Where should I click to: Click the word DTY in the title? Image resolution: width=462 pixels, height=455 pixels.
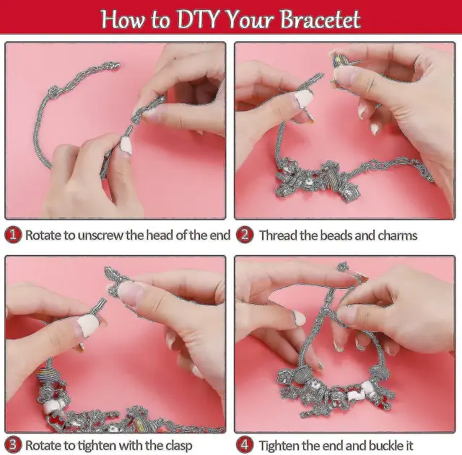198,19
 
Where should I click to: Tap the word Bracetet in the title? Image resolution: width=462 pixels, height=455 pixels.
320,19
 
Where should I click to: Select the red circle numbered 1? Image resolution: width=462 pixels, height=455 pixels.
13,235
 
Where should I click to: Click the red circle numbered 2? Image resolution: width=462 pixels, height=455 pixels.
245,235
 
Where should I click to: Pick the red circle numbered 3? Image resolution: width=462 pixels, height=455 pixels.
13,444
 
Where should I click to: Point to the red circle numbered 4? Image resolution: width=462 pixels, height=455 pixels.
245,444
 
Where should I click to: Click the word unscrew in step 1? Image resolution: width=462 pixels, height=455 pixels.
101,235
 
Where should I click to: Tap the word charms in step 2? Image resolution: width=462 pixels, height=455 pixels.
398,235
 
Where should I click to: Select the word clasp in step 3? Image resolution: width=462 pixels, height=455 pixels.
178,446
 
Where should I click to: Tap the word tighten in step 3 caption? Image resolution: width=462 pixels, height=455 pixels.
96,446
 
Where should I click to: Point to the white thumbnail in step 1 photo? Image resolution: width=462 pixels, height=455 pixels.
126,146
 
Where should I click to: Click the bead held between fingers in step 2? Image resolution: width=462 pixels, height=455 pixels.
342,61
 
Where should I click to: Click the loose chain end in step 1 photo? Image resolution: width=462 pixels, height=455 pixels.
112,66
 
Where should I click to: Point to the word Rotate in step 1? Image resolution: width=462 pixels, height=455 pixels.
43,235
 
